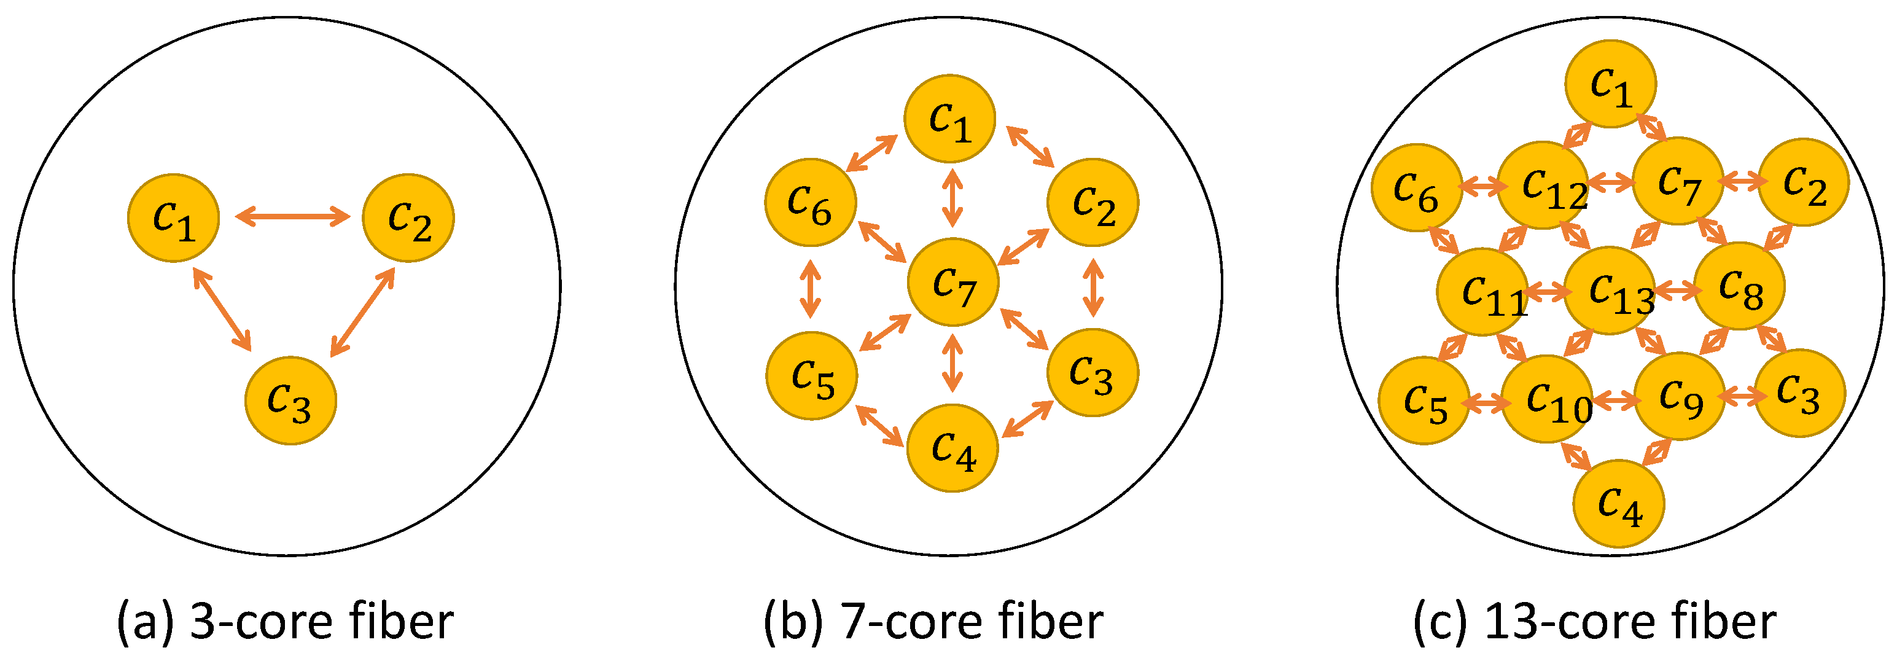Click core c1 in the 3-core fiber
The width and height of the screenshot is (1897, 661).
[173, 218]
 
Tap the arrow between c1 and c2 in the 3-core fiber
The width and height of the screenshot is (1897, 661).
[292, 217]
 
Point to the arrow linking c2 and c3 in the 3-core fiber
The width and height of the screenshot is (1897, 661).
[362, 311]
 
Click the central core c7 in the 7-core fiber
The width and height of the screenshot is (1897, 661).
[953, 282]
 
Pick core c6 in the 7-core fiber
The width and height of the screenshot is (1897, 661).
[810, 202]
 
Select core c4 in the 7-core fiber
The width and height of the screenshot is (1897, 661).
[952, 448]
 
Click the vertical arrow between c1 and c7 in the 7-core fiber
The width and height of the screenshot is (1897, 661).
[953, 198]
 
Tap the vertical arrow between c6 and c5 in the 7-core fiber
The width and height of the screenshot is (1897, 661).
[810, 289]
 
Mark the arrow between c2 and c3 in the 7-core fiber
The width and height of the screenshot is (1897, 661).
[1093, 287]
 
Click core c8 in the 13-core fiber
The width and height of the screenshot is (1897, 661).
[1739, 287]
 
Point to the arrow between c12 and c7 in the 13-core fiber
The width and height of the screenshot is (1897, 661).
[1611, 181]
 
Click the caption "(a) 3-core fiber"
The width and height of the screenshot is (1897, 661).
[285, 621]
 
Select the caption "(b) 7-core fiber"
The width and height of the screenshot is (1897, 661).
[933, 621]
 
